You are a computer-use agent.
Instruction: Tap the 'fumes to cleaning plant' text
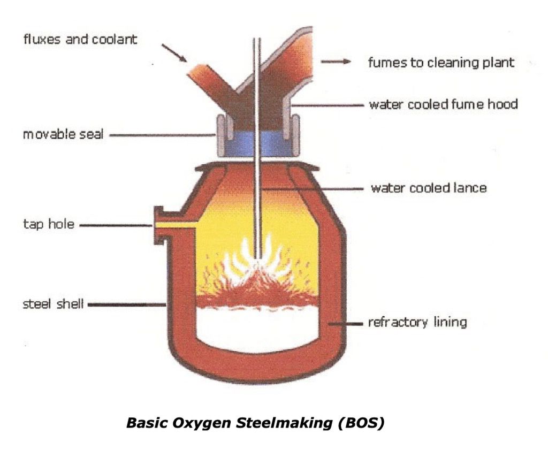[440, 62]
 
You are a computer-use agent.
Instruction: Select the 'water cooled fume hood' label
[443, 104]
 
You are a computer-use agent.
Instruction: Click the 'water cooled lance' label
[429, 188]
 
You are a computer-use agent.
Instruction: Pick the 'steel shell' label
[52, 305]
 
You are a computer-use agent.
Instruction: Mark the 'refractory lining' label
[417, 322]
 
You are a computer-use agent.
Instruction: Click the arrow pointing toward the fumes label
[336, 62]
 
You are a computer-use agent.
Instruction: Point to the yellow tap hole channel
[177, 225]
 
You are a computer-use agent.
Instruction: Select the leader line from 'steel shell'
[126, 305]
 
